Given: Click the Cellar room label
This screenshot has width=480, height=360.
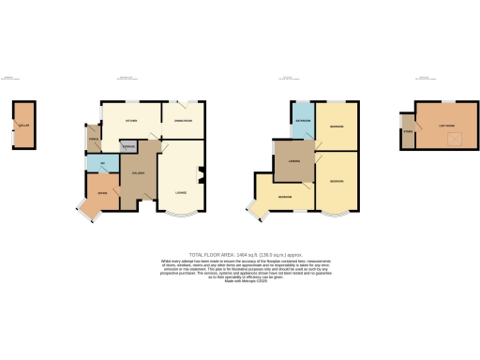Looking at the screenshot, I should [x=21, y=123].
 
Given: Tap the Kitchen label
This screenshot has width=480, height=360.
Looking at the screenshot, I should [x=132, y=121].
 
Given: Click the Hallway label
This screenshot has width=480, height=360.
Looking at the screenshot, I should [x=137, y=174].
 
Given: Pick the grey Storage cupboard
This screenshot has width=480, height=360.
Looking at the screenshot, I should [x=129, y=146].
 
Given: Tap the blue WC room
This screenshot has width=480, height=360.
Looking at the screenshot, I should [x=101, y=166].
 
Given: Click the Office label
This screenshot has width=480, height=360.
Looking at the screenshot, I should [x=103, y=195].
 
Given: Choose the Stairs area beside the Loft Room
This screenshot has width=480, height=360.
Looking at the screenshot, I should [x=407, y=130].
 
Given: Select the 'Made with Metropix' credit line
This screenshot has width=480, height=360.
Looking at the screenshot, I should [x=239, y=281].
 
